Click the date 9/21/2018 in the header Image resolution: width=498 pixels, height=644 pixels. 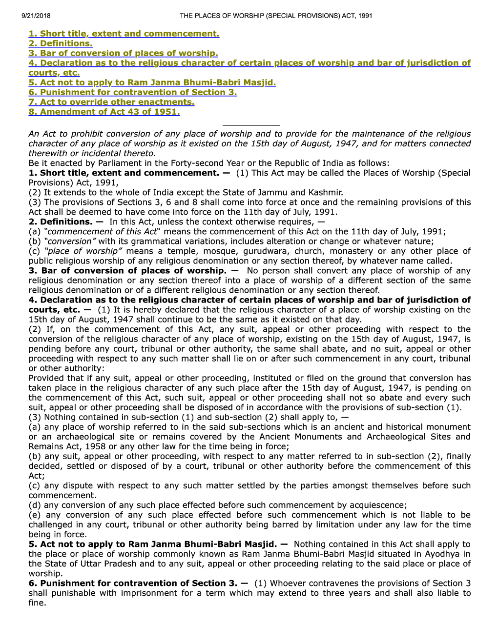pyautogui.click(x=36, y=16)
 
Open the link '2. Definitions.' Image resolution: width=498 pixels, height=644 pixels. pyautogui.click(x=61, y=43)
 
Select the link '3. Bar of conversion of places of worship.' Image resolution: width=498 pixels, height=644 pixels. pyautogui.click(x=123, y=53)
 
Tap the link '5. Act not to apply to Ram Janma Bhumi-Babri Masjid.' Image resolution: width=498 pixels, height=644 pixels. pyautogui.click(x=152, y=82)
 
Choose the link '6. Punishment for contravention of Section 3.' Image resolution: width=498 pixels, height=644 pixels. pyautogui.click(x=132, y=92)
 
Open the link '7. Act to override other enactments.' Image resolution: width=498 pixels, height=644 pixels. pyautogui.click(x=111, y=102)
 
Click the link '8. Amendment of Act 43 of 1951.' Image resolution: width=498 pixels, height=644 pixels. pyautogui.click(x=104, y=112)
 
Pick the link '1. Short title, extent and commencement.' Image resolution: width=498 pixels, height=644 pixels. pyautogui.click(x=124, y=34)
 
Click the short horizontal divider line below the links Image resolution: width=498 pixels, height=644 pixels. pyautogui.click(x=250, y=125)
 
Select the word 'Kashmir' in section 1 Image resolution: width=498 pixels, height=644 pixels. pyautogui.click(x=325, y=192)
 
